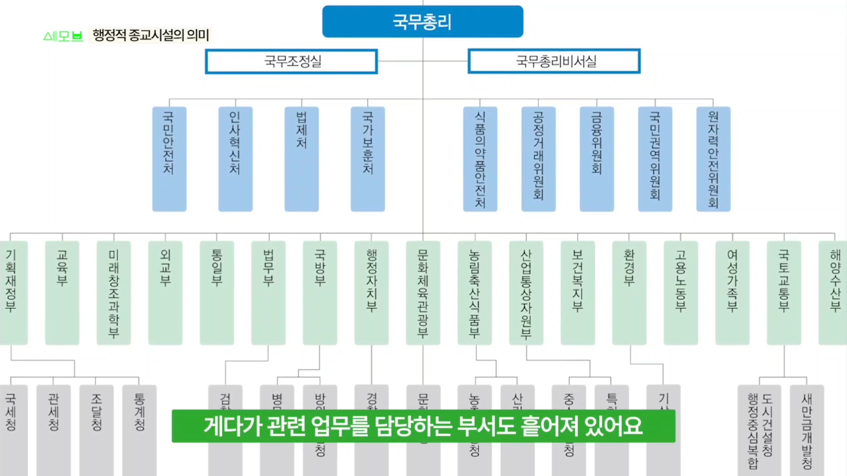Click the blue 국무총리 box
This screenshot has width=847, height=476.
tap(423, 22)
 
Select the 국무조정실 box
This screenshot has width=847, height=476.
tap(291, 61)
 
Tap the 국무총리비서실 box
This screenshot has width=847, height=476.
tap(554, 61)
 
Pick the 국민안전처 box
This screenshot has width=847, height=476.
tap(169, 159)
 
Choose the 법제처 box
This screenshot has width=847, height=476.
tap(301, 159)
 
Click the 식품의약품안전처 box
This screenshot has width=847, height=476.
tap(480, 159)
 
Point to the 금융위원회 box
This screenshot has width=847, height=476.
tap(596, 159)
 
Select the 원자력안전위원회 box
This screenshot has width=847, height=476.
tap(713, 159)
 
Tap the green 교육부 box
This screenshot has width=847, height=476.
tap(62, 292)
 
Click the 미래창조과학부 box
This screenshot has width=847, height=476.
tap(114, 292)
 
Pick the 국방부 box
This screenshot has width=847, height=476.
tap(320, 292)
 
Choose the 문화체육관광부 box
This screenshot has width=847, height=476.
tap(423, 292)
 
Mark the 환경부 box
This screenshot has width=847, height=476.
tap(629, 292)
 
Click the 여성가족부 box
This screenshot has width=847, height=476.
tap(732, 292)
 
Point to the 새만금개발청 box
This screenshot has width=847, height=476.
tap(806, 430)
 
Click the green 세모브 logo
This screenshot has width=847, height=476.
tap(63, 36)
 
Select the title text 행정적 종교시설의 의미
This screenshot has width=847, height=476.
tap(151, 35)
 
